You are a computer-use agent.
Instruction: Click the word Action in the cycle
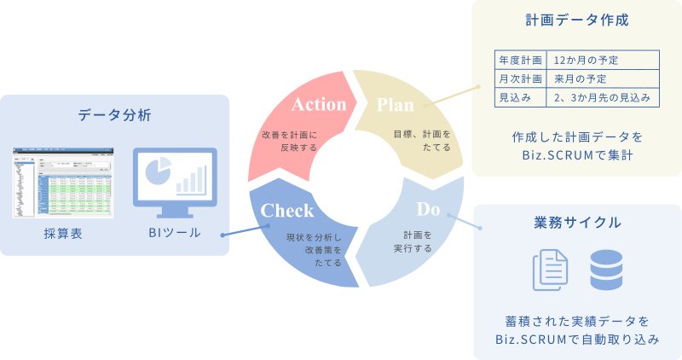[319, 105]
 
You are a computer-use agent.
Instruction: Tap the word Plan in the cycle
[395, 105]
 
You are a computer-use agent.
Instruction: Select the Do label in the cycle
[428, 209]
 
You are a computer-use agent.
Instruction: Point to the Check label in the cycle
[287, 211]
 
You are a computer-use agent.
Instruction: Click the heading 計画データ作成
[577, 20]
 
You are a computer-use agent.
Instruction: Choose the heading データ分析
[115, 115]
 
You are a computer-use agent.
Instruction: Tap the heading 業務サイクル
[577, 224]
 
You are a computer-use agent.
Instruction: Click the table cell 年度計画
[520, 61]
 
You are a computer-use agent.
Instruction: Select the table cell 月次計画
[520, 79]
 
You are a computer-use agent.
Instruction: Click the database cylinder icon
[606, 270]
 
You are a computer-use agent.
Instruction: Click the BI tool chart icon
[175, 176]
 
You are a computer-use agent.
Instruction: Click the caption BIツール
[174, 232]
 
